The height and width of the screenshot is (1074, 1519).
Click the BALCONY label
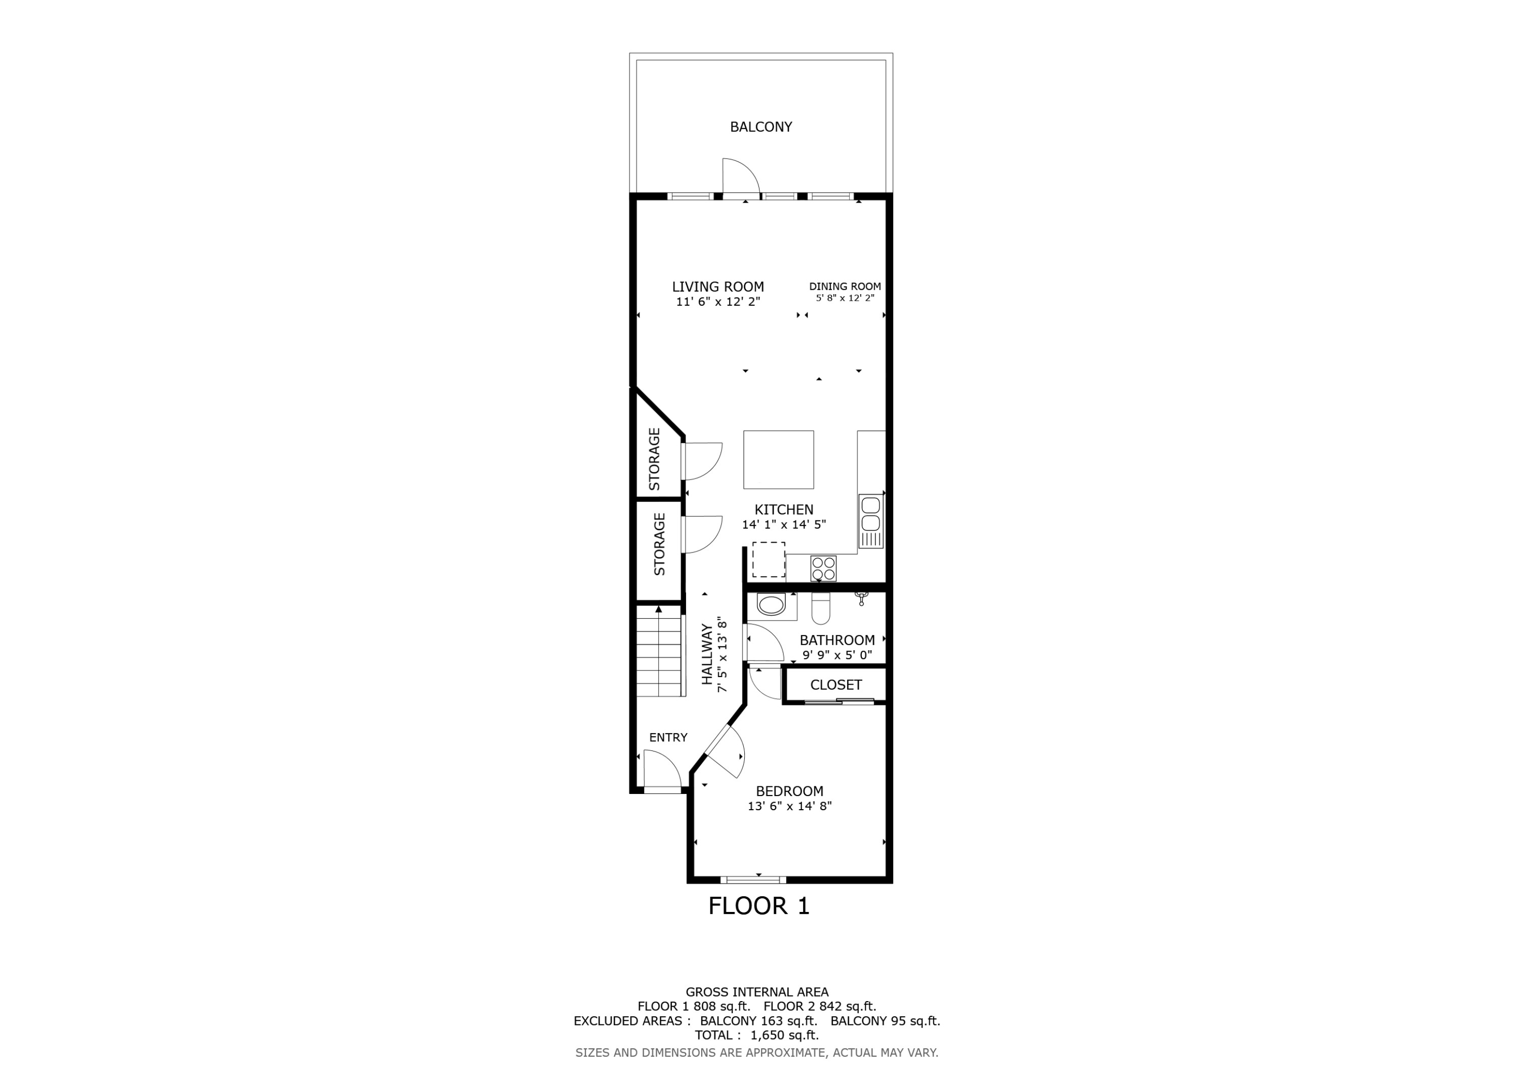tap(761, 127)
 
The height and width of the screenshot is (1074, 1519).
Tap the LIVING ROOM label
tap(718, 287)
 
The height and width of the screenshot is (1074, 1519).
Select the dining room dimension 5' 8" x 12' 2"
tap(845, 298)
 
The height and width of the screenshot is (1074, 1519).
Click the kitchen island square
tap(778, 459)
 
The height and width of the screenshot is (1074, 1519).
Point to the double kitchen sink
tap(871, 514)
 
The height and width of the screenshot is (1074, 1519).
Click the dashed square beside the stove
tap(768, 559)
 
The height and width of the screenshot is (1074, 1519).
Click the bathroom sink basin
tap(771, 605)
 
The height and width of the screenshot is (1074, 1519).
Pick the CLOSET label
tap(835, 685)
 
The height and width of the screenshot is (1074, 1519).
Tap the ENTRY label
tap(668, 737)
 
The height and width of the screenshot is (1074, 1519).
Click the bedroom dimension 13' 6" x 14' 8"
tap(789, 806)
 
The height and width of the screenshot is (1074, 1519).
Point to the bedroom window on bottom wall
tap(753, 880)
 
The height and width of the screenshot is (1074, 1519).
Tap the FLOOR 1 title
tap(759, 906)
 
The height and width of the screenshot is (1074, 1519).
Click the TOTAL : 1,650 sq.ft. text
tap(756, 1035)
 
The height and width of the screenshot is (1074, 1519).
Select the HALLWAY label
tap(706, 654)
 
